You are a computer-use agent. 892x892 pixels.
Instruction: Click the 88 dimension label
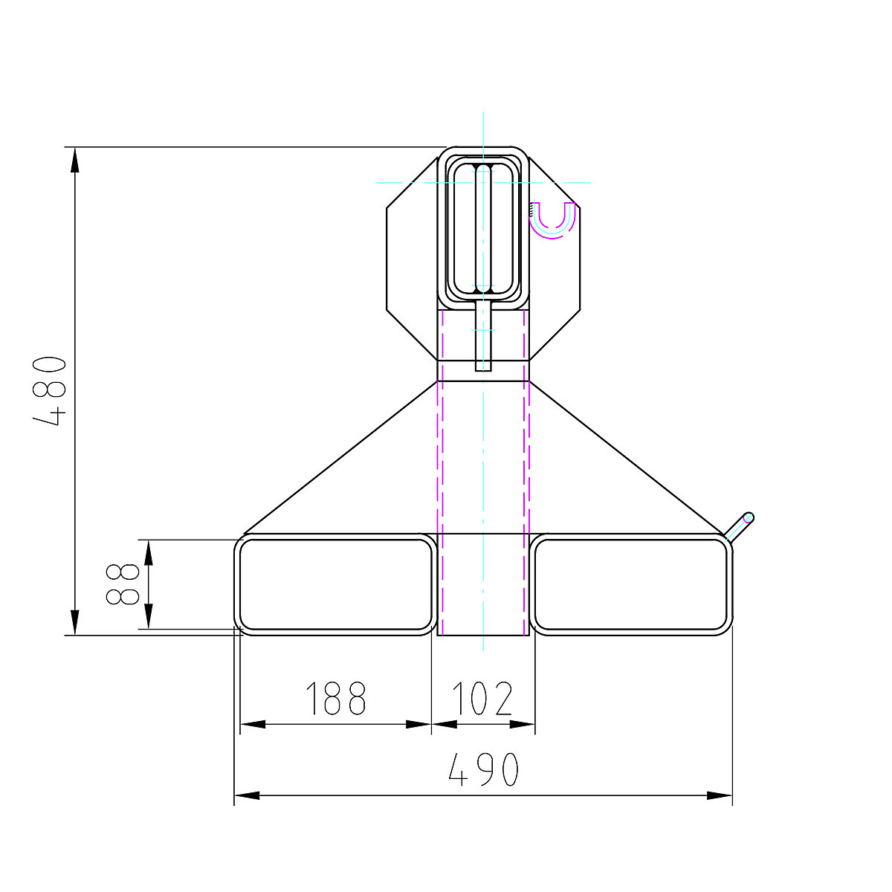coord(123,584)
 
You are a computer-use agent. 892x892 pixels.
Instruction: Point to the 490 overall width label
coord(483,770)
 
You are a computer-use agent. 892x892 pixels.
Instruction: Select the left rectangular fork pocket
coord(335,584)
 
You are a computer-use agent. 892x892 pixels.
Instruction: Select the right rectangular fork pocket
coord(631,584)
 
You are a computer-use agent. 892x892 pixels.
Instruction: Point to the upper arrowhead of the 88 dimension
coord(149,552)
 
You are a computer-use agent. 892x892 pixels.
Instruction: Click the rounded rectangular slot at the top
coord(483,227)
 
